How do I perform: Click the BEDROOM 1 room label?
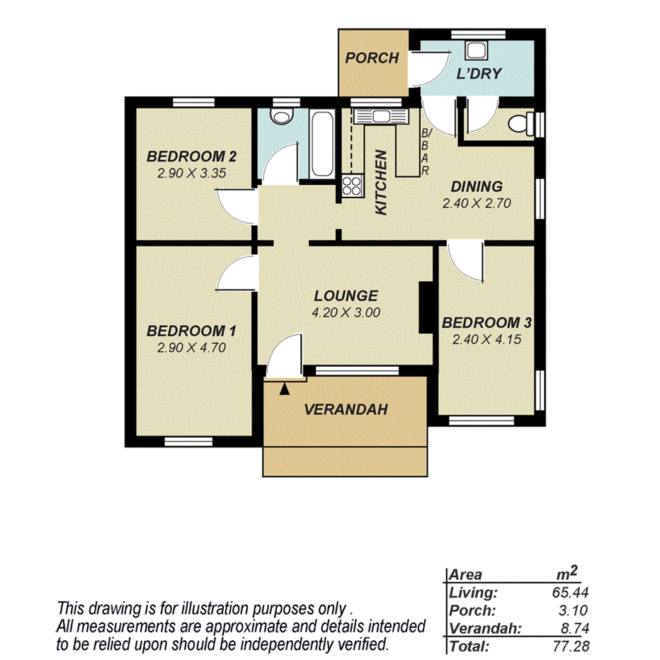(x=190, y=331)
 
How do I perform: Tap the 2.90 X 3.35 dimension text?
(x=190, y=171)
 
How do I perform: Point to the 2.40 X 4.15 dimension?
(x=487, y=339)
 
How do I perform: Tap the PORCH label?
(x=372, y=58)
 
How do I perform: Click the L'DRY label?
(x=479, y=73)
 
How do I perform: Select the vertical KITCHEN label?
(x=380, y=183)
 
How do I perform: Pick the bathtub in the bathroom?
(x=320, y=144)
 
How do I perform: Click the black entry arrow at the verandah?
(x=285, y=387)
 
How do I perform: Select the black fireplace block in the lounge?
(x=426, y=307)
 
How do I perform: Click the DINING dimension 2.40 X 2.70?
(x=477, y=203)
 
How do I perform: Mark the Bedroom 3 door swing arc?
(x=463, y=262)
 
